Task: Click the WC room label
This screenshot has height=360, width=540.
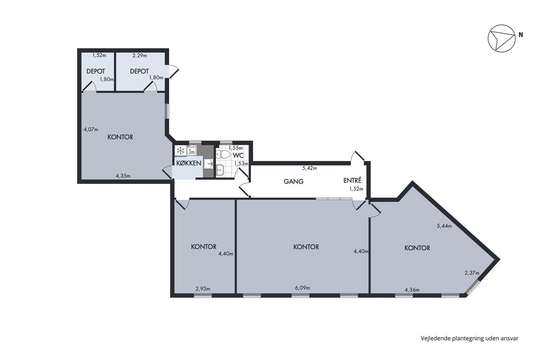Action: coord(238,155)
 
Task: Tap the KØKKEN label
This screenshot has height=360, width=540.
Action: coord(189,163)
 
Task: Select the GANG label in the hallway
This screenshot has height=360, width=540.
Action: coord(294,181)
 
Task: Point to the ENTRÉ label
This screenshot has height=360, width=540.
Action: coord(352,180)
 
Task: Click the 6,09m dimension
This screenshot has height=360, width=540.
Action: coord(302,288)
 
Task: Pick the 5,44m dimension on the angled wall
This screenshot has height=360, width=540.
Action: coord(444,226)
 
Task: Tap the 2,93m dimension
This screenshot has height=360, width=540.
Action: coord(203,289)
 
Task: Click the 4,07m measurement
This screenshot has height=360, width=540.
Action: coord(91,130)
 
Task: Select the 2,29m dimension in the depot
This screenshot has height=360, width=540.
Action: coord(140,56)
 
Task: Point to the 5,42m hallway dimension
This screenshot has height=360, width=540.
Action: coord(309,168)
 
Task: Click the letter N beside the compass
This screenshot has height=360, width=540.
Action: coord(521,35)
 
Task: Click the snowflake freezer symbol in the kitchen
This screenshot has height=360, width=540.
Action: coord(181,151)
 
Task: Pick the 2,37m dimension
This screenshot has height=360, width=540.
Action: coord(472,273)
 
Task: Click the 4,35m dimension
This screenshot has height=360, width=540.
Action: coord(123,176)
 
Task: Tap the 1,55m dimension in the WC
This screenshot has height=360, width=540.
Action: coord(236,148)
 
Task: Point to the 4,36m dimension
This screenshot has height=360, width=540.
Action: coord(412,290)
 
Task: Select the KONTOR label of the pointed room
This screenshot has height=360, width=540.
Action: coord(417,248)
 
